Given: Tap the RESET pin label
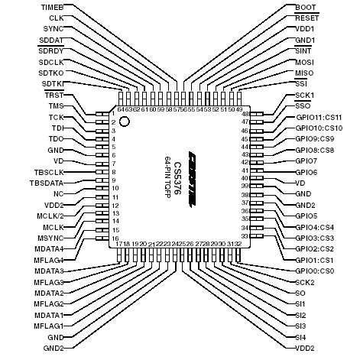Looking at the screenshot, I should pos(306,17).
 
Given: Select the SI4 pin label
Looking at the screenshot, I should pos(300,336).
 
